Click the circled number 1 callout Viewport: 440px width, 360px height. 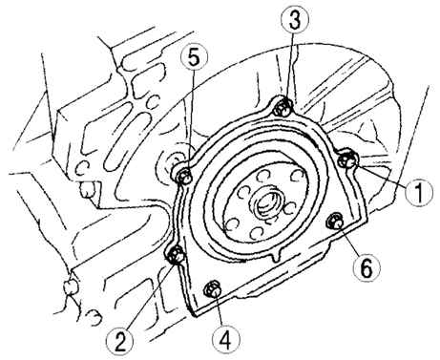419,191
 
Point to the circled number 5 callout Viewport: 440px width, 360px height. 194,58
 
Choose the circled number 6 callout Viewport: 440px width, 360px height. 366,268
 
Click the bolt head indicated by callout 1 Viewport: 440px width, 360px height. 348,159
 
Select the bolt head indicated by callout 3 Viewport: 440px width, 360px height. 283,108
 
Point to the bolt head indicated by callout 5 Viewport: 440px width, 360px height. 184,176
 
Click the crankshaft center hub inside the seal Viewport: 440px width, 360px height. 266,207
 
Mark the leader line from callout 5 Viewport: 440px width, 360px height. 191,120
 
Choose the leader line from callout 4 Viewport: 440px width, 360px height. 220,311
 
